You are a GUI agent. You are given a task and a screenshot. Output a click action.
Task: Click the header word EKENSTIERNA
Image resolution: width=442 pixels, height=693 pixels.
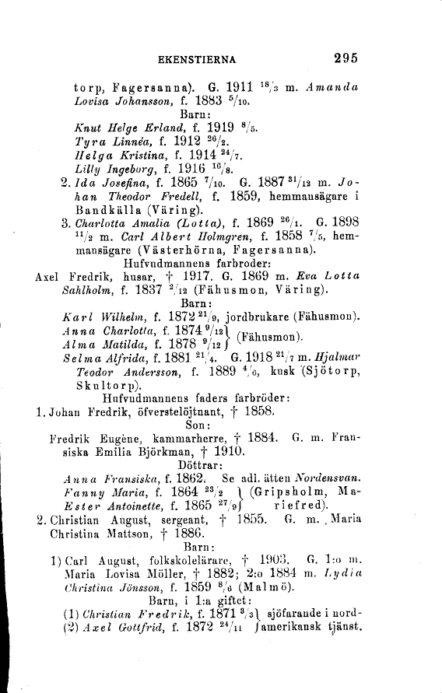point(198,58)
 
